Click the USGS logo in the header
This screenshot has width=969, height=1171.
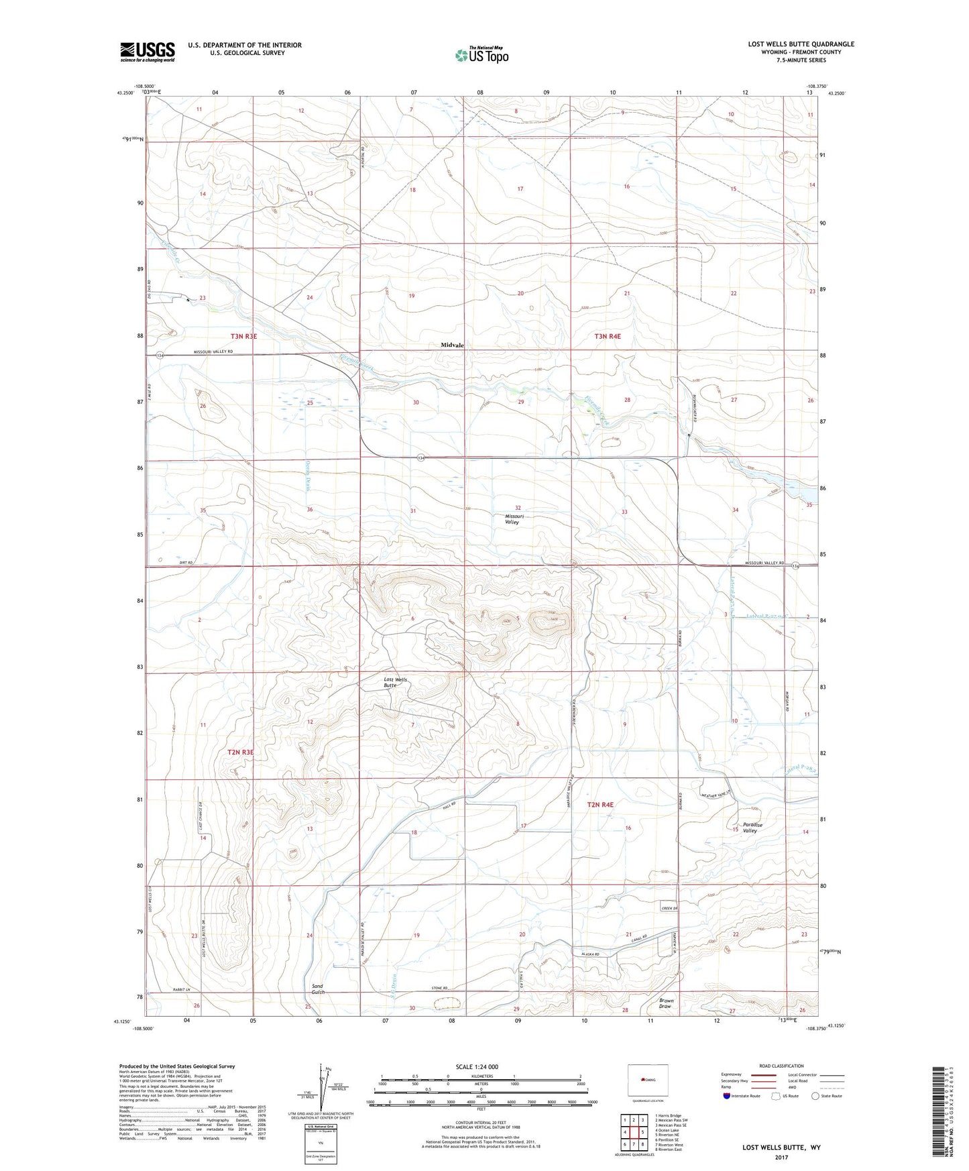click(x=148, y=52)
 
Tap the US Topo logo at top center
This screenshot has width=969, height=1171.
click(x=480, y=55)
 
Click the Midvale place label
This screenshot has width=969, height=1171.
click(x=453, y=345)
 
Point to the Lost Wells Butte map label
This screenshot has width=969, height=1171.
click(x=396, y=683)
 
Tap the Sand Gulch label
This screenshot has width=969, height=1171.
click(x=319, y=989)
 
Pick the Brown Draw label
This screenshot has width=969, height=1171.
click(x=665, y=1003)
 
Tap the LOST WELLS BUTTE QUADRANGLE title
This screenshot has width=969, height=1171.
click(x=801, y=44)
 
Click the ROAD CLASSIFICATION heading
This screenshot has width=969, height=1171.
click(x=782, y=1066)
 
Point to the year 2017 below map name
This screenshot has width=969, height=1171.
click(x=781, y=1157)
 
